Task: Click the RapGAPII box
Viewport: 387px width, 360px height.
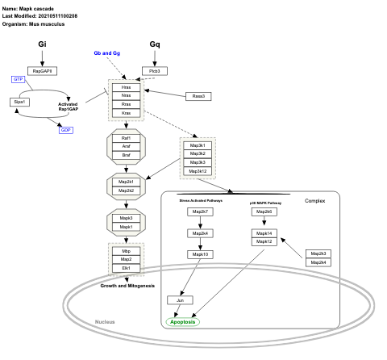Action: pos(42,71)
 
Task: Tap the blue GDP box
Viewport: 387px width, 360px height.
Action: pos(67,129)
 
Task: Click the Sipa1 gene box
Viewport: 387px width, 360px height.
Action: pos(20,102)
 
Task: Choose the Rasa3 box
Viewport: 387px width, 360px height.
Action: pos(198,96)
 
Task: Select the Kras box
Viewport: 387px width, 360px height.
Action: pos(127,114)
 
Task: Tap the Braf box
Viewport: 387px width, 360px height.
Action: pos(127,154)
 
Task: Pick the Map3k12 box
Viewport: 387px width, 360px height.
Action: pos(198,171)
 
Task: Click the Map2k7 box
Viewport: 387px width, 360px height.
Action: pos(200,211)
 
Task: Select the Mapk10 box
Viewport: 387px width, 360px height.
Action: pos(200,254)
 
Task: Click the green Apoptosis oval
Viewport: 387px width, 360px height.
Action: pos(183,321)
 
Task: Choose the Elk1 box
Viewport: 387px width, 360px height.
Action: pos(127,267)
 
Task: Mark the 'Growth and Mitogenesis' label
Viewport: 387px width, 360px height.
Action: pos(127,286)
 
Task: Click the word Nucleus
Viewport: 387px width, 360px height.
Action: pos(106,322)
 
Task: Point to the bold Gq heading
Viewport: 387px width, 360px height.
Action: pos(155,44)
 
